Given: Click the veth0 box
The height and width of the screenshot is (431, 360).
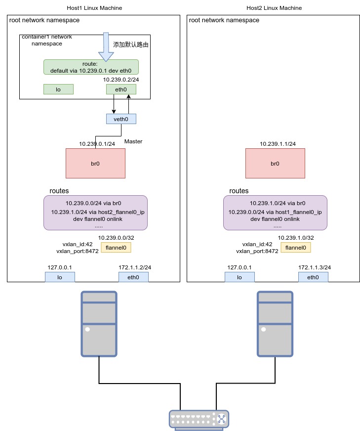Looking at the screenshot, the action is tap(121, 119).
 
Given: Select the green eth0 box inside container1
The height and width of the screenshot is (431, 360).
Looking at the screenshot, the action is tap(121, 89).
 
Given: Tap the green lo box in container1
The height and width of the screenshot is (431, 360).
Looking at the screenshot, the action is tap(58, 89).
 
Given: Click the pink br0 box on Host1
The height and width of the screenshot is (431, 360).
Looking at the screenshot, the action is tap(96, 163).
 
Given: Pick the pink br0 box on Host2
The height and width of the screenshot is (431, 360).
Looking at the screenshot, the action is tap(275, 163).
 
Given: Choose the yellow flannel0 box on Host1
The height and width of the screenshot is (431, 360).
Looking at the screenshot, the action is tap(116, 248).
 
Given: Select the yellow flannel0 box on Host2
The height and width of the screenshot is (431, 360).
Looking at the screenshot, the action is tap(296, 248).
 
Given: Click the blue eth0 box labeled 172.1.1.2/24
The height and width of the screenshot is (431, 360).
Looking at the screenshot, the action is tap(133, 277).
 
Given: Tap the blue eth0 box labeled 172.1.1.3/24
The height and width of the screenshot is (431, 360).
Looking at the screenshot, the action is tap(313, 277).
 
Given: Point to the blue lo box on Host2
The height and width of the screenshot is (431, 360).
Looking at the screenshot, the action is tap(240, 277).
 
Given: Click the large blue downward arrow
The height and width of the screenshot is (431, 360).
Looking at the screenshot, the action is tap(106, 47).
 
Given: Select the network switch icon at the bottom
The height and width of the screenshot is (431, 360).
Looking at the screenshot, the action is tap(199, 420).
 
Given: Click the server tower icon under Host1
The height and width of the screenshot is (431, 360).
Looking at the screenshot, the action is tap(99, 324).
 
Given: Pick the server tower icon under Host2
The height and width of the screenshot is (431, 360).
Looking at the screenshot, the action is tap(275, 324).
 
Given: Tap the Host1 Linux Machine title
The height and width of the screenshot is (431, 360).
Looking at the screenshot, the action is tap(94, 8).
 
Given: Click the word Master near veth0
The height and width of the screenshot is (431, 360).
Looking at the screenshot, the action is tap(133, 141).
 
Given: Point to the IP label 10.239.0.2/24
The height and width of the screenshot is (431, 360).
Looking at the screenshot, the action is tap(121, 80).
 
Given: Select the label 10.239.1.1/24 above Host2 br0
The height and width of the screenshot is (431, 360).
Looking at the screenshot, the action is tap(278, 144).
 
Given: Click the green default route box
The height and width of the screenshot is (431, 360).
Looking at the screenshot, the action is tap(91, 67).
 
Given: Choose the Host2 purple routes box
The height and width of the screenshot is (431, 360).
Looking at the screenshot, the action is tap(275, 213).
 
